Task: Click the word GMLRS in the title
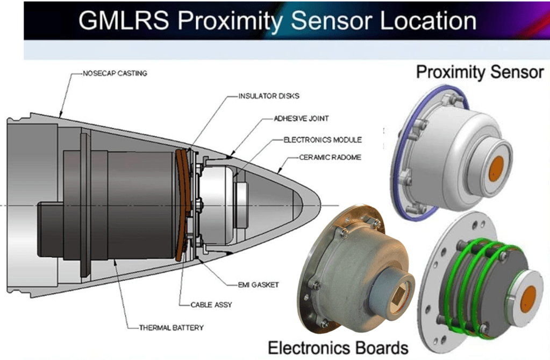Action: click(124, 20)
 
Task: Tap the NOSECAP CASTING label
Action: click(115, 73)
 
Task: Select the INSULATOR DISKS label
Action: click(269, 96)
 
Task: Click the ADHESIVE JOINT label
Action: click(301, 118)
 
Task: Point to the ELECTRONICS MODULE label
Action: click(323, 140)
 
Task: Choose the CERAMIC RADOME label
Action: click(330, 157)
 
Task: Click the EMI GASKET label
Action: click(258, 285)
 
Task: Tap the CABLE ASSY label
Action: click(211, 305)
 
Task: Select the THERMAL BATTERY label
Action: click(171, 328)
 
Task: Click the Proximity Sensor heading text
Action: click(480, 72)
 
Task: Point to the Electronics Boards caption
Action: click(338, 348)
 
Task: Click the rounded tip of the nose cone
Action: click(319, 205)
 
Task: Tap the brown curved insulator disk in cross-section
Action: click(183, 206)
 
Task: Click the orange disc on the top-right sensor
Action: click(496, 170)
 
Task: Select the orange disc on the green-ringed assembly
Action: click(528, 299)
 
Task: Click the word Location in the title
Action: click(428, 20)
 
